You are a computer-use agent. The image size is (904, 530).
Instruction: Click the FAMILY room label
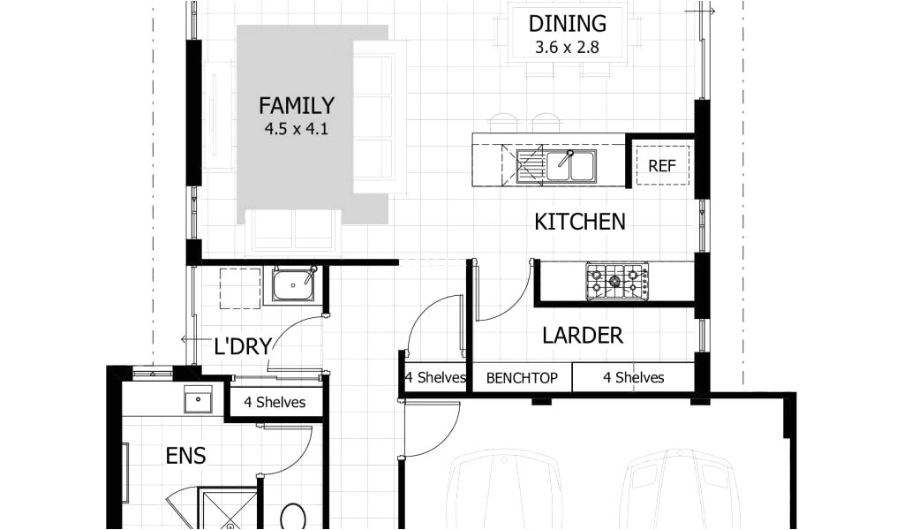pyautogui.click(x=297, y=105)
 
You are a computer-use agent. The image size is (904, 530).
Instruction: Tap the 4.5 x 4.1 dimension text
pyautogui.click(x=297, y=129)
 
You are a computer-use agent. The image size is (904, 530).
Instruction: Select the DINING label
pyautogui.click(x=568, y=24)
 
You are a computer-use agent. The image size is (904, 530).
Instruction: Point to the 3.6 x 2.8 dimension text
pyautogui.click(x=568, y=47)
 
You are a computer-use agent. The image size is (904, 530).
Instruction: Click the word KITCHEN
pyautogui.click(x=579, y=222)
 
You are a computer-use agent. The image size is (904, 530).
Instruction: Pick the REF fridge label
pyautogui.click(x=662, y=166)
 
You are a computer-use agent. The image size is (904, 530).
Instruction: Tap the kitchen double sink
pyautogui.click(x=556, y=165)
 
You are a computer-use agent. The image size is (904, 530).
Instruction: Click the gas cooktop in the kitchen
pyautogui.click(x=617, y=281)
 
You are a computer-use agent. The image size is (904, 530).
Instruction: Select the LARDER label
pyautogui.click(x=583, y=335)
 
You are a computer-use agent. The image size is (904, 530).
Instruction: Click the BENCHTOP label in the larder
pyautogui.click(x=522, y=378)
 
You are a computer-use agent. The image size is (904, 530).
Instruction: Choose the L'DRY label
pyautogui.click(x=242, y=346)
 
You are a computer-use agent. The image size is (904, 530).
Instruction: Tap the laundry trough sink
pyautogui.click(x=294, y=285)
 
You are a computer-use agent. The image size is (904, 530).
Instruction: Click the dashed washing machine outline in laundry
pyautogui.click(x=240, y=288)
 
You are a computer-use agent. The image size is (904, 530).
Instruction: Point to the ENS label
pyautogui.click(x=185, y=456)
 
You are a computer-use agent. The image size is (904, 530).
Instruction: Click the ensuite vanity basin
pyautogui.click(x=198, y=399)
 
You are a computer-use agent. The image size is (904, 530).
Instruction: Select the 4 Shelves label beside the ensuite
pyautogui.click(x=275, y=402)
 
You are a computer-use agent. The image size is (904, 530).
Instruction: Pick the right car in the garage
pyautogui.click(x=681, y=489)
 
